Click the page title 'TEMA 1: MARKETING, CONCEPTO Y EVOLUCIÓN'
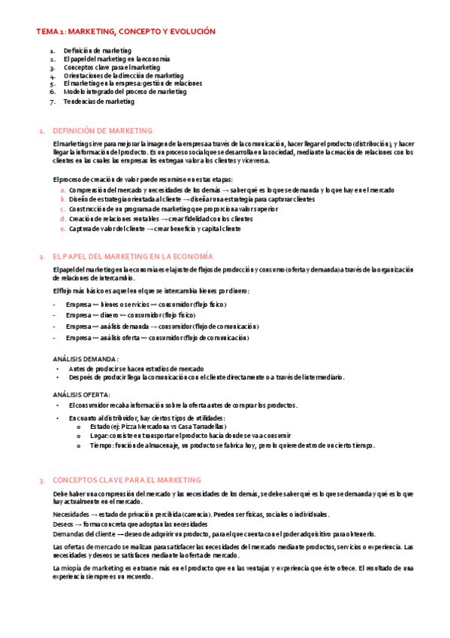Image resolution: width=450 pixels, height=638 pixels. click(126, 32)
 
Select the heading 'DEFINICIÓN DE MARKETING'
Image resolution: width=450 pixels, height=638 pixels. click(104, 131)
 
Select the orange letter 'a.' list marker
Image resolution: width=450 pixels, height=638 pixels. click(62, 190)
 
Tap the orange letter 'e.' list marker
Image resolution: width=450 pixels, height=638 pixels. click(62, 229)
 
